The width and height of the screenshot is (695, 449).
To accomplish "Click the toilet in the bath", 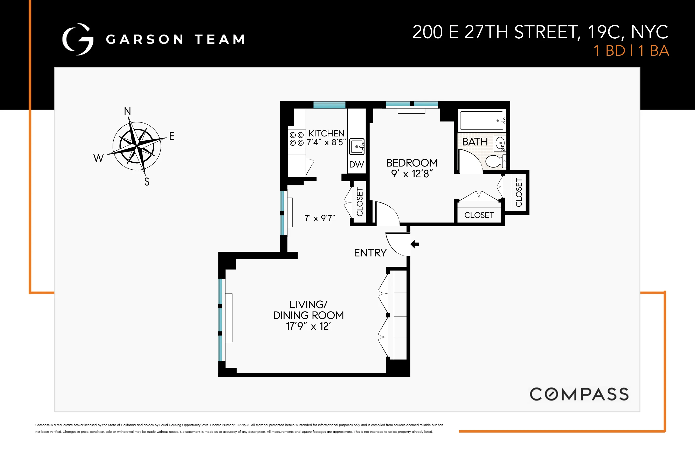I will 495,161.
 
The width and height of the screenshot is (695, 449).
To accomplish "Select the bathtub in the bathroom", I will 482,120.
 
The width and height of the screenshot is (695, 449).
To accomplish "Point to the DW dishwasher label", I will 356,164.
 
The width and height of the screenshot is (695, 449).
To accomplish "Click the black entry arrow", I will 415,244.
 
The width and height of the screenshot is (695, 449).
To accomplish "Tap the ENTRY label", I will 370,253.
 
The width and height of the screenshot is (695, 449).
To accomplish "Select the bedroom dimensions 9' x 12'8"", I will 412,174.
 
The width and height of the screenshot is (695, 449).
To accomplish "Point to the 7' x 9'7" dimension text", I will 320,218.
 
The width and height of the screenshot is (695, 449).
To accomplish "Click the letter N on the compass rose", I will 127,111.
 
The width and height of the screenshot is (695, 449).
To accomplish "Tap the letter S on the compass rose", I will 147,182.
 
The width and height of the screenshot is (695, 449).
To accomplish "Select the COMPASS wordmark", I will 579,394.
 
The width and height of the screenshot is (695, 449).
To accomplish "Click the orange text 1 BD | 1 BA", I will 631,51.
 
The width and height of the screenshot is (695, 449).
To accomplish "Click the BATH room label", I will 475,142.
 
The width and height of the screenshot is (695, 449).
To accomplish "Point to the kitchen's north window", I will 329,105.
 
